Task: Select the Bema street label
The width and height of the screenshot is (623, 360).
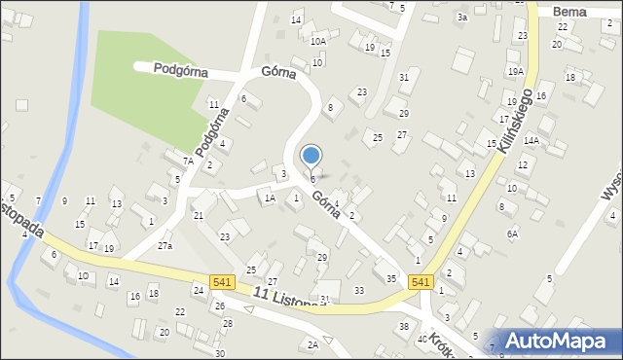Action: pyautogui.click(x=568, y=12)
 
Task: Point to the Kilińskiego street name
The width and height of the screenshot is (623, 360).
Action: pyautogui.click(x=517, y=122)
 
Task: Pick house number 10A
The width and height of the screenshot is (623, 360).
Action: pyautogui.click(x=318, y=41)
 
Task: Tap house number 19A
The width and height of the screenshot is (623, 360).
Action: pyautogui.click(x=515, y=71)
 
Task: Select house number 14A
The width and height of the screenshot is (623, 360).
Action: pyautogui.click(x=531, y=140)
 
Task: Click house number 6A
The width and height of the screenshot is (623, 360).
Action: pyautogui.click(x=512, y=234)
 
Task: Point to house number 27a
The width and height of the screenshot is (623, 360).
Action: pyautogui.click(x=165, y=246)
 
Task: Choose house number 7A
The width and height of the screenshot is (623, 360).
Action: pyautogui.click(x=188, y=161)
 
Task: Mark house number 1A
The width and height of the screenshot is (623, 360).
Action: pyautogui.click(x=270, y=198)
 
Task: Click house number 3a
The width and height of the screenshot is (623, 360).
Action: pyautogui.click(x=463, y=18)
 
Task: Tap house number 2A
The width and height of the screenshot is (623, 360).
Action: pyautogui.click(x=312, y=344)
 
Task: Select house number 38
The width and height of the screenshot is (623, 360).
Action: pyautogui.click(x=404, y=326)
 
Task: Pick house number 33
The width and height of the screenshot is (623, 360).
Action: pyautogui.click(x=359, y=290)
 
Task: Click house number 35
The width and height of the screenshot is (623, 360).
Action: pyautogui.click(x=390, y=279)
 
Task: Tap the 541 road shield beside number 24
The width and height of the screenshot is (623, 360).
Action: pyautogui.click(x=222, y=282)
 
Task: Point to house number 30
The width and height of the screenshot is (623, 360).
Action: pyautogui.click(x=220, y=353)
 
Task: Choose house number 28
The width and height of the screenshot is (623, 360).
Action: pyautogui.click(x=228, y=323)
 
